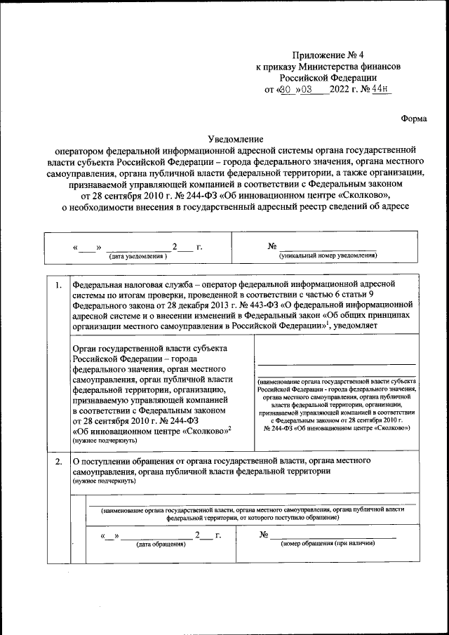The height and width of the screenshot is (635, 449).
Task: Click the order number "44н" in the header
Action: [x=381, y=90]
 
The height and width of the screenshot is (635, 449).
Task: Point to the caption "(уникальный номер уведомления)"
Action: [x=328, y=256]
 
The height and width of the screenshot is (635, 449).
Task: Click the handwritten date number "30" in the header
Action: [x=285, y=90]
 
